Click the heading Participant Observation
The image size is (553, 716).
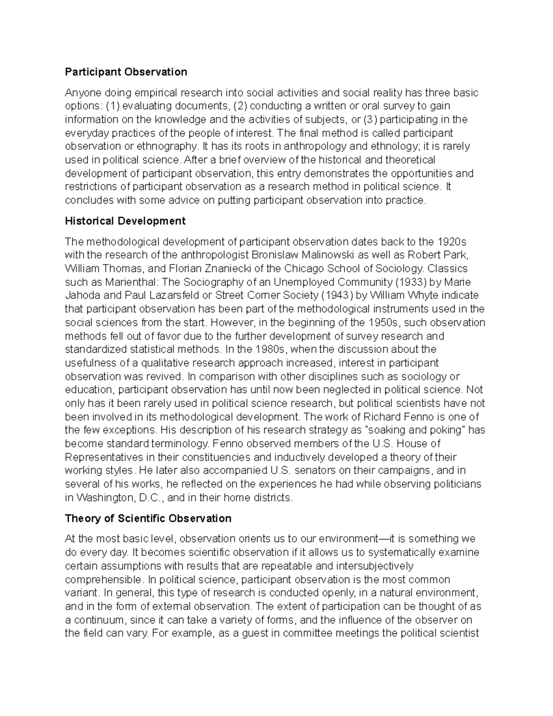pos(126,72)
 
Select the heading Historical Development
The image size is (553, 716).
pos(125,221)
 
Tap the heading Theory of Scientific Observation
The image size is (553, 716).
pos(148,518)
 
